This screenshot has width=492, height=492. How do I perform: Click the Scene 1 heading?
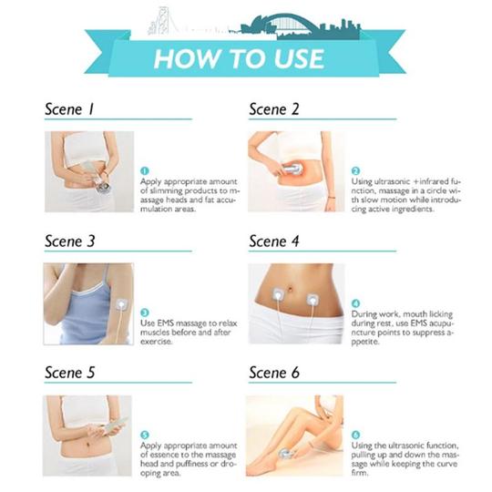(69, 109)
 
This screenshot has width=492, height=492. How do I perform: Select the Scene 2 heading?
(274, 109)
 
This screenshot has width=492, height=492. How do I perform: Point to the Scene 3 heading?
(69, 241)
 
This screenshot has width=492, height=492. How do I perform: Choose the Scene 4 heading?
(274, 241)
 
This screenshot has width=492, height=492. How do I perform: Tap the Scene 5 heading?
(69, 373)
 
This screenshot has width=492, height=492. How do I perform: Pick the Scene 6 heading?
(274, 373)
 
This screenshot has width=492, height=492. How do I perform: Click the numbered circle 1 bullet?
(144, 171)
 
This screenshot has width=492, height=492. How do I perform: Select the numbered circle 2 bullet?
(355, 171)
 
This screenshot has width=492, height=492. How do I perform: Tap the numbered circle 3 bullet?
(145, 313)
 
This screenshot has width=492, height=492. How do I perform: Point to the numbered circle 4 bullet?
(355, 303)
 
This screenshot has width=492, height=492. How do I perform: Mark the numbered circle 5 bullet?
(145, 435)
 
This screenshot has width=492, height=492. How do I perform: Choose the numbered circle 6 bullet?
(355, 435)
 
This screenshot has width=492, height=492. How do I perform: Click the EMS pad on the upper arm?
(121, 304)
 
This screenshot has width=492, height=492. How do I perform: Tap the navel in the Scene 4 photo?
(292, 288)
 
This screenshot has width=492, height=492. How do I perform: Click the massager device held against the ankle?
(287, 454)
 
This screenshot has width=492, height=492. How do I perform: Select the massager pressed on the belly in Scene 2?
(292, 169)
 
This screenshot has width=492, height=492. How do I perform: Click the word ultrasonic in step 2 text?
(392, 181)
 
